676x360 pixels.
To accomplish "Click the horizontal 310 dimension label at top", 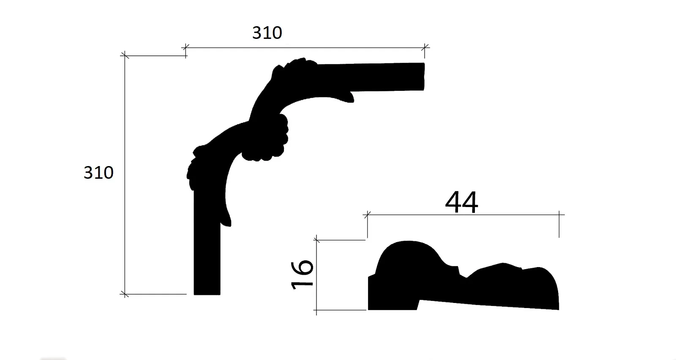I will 267,33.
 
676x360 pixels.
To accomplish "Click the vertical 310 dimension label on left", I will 98,173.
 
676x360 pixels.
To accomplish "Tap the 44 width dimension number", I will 461,203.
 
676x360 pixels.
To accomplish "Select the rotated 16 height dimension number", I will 303,274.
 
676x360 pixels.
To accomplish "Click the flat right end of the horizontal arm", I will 423,76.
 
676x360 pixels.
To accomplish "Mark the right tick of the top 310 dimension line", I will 425,48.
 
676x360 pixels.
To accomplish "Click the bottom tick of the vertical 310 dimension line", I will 125,294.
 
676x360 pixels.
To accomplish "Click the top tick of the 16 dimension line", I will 316,240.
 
